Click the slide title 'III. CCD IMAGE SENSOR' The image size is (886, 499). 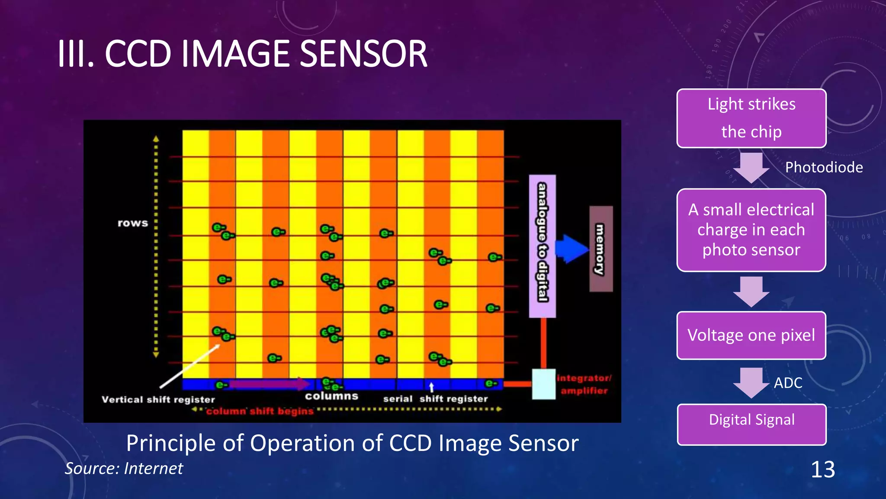pos(242,54)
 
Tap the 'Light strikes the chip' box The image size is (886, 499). pos(751,118)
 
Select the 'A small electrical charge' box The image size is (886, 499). pos(751,230)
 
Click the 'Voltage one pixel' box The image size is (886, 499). pos(751,335)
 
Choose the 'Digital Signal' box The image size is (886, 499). pos(751,424)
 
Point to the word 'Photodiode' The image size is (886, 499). pos(824,167)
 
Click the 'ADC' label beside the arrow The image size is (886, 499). pos(788,383)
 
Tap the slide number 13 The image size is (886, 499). pos(822,470)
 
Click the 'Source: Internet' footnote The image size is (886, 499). pos(124,468)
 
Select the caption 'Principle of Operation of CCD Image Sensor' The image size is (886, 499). pos(352,443)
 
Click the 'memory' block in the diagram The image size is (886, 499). pos(601,249)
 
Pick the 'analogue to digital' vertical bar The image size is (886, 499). pos(543,246)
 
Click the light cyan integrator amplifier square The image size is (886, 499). pos(543,384)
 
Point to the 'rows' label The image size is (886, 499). pos(133,223)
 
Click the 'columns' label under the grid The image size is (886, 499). pos(331,396)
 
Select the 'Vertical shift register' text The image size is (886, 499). pos(158,399)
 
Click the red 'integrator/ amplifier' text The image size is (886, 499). pos(584,384)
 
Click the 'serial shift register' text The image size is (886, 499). pos(435,399)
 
